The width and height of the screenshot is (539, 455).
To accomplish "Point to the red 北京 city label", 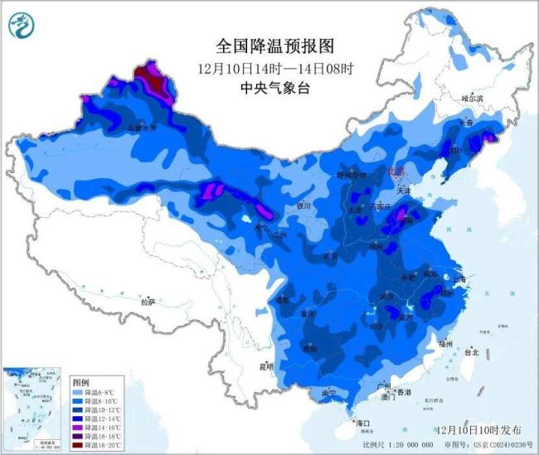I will pos(396,171).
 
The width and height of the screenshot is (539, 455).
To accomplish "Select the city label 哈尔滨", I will pos(471,98).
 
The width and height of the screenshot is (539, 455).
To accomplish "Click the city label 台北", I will pos(472,352).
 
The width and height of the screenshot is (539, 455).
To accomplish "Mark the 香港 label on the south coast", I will pos(404,391).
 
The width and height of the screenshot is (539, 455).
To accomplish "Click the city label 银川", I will pos(303,205).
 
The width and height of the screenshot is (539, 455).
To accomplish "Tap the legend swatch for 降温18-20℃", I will pos(76,446).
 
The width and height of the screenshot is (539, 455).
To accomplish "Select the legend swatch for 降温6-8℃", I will pos(76,392).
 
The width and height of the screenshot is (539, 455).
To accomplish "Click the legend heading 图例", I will pos(80,382).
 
